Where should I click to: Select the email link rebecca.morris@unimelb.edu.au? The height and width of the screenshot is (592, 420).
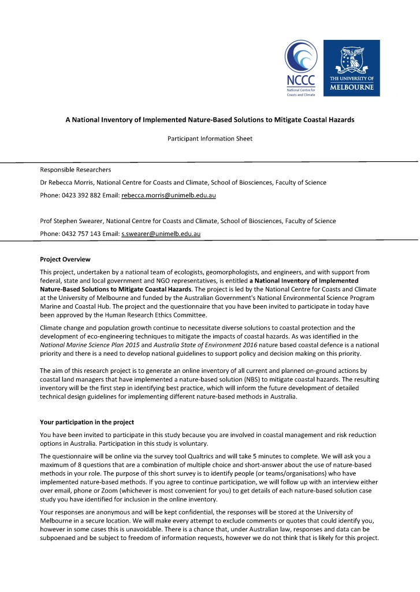(x=168, y=196)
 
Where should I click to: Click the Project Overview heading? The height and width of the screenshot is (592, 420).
(x=65, y=258)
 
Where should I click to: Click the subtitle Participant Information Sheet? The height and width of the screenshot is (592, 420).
(x=209, y=139)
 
